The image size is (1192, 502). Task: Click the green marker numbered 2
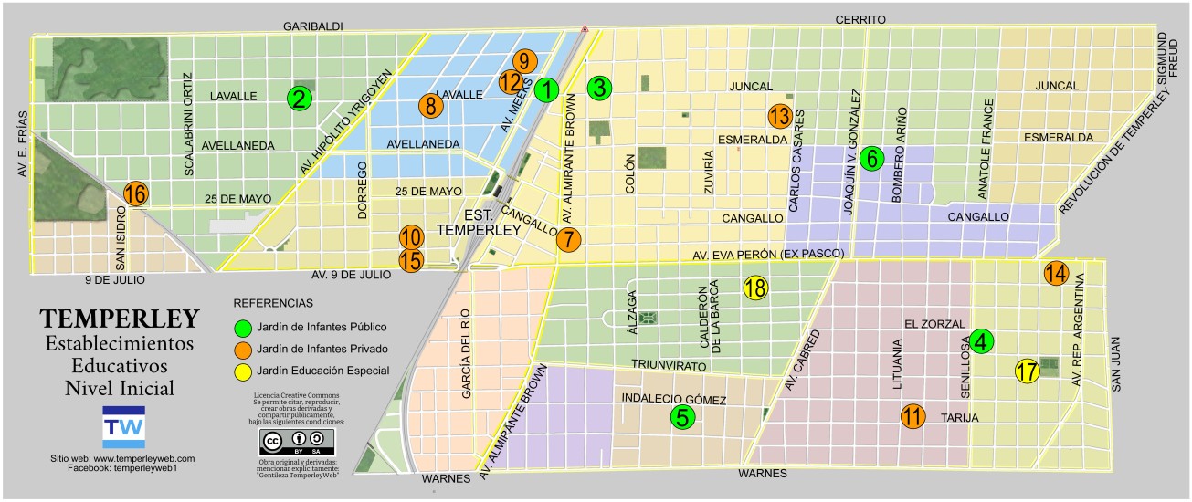(x=298, y=99)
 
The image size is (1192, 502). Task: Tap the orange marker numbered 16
(x=135, y=193)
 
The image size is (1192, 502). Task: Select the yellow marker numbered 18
(x=755, y=288)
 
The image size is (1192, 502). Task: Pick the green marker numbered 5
(x=682, y=417)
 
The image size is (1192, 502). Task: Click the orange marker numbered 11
(x=912, y=416)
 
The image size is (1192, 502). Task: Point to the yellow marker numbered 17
(x=1028, y=371)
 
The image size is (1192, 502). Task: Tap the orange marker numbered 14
(x=1055, y=273)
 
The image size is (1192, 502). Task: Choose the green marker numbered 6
(x=872, y=158)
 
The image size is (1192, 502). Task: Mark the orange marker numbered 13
(x=779, y=116)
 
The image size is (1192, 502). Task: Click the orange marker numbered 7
(x=568, y=240)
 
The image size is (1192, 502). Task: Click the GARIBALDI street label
(x=312, y=26)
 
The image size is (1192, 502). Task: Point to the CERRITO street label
(x=860, y=19)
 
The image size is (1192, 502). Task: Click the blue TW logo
(x=118, y=426)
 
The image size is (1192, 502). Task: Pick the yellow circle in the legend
(x=243, y=371)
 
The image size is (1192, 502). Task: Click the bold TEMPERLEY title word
(x=120, y=319)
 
